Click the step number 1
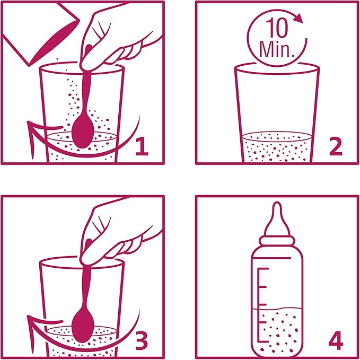[x=142, y=147]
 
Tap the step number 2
[x=336, y=147]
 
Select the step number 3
[x=142, y=341]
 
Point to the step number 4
[x=336, y=341]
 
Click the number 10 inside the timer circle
[x=277, y=28]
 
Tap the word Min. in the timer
[x=277, y=49]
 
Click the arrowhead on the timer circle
[x=298, y=19]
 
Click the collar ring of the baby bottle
[x=277, y=240]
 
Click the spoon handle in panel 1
[x=86, y=92]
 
